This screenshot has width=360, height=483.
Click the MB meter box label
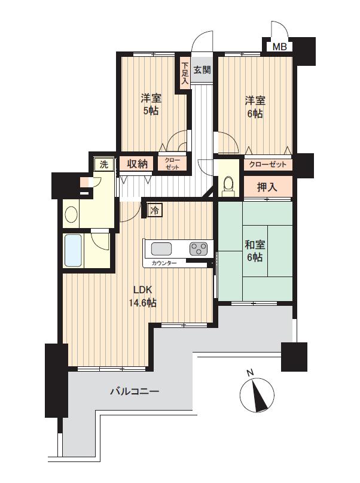click(280, 47)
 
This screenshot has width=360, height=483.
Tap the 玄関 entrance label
click(202, 70)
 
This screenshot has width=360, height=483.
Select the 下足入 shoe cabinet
click(185, 73)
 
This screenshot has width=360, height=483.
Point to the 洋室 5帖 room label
click(151, 105)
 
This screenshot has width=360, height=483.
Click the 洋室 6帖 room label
click(255, 107)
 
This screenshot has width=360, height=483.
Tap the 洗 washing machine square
click(104, 164)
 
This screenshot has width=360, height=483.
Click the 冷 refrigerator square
click(155, 211)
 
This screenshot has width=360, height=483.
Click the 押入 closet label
click(268, 186)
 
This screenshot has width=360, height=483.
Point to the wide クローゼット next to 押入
click(268, 165)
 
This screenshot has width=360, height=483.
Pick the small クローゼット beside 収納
click(172, 163)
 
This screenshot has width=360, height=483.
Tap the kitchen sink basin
click(161, 249)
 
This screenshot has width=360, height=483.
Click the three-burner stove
click(199, 248)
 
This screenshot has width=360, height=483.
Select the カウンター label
click(164, 263)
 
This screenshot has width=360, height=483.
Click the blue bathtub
click(73, 251)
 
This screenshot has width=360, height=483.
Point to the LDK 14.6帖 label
click(142, 296)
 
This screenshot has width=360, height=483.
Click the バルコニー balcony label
click(135, 392)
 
